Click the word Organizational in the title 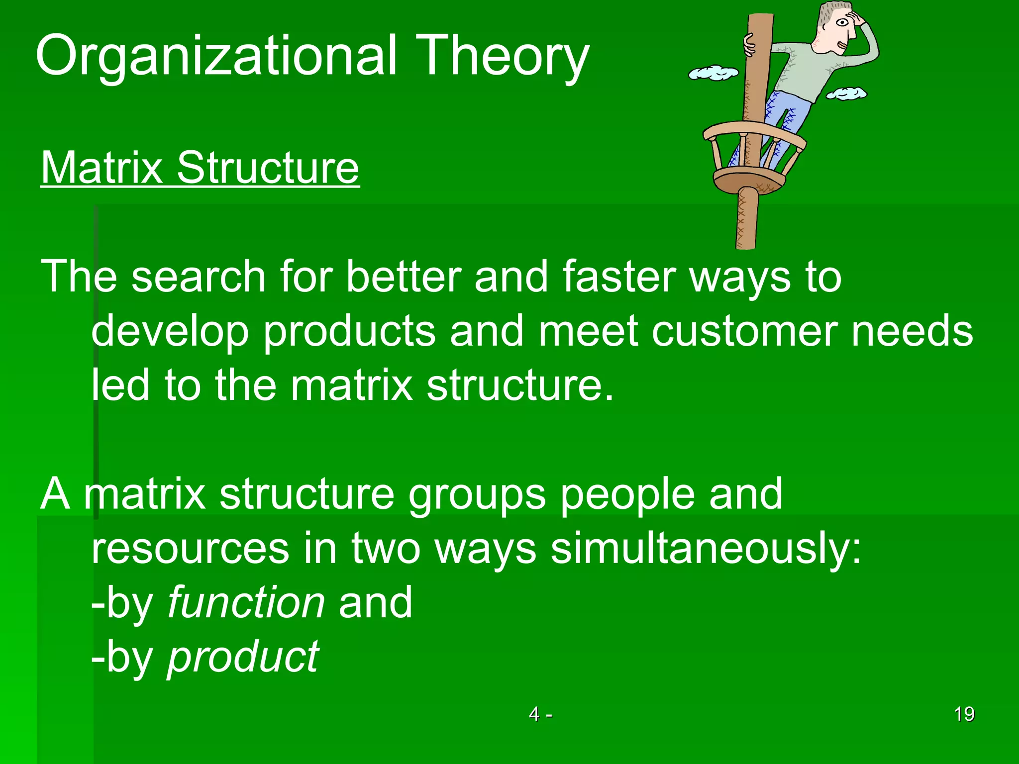coord(216,56)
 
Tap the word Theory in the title coord(502,56)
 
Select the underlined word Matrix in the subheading coord(102,168)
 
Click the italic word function coord(246,602)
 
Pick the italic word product coord(243,658)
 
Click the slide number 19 coord(964,714)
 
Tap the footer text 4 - coord(540,714)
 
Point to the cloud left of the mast coord(713,73)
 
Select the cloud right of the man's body coord(846,93)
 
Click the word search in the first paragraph coord(199,277)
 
